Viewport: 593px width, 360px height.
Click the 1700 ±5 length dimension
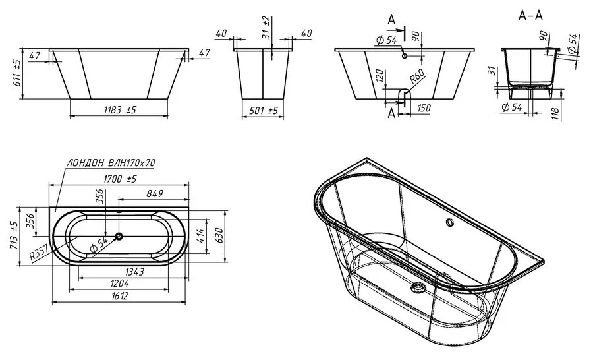119,179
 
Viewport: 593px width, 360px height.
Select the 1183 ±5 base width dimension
119,109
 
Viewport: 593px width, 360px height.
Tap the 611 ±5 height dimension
17,73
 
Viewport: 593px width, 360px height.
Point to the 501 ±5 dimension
263,111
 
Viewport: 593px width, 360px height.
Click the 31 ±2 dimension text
266,28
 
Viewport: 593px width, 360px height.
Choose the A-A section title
530,16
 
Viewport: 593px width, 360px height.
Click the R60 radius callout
417,77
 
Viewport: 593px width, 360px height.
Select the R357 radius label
39,253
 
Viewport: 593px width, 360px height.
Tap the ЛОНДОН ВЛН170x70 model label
111,163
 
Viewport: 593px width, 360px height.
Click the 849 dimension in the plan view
155,193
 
